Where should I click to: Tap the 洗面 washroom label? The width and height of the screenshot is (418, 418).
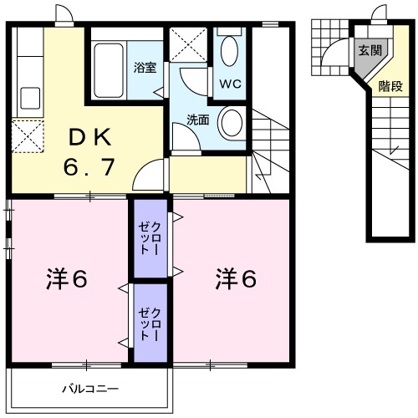click(x=197, y=119)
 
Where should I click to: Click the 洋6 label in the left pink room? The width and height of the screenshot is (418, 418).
click(x=66, y=278)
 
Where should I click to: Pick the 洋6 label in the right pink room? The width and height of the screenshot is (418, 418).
click(x=237, y=278)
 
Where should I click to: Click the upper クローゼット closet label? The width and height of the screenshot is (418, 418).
click(x=150, y=237)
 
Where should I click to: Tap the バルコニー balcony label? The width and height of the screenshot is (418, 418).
click(x=90, y=389)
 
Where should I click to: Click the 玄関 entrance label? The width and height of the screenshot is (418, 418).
click(x=370, y=50)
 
